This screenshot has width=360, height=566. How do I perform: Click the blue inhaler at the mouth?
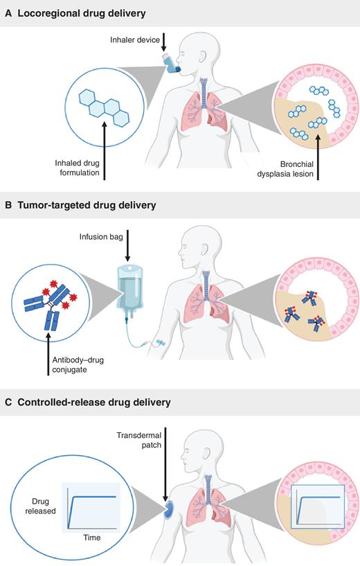[171, 64]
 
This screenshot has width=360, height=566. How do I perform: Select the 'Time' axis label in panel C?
[92, 538]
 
